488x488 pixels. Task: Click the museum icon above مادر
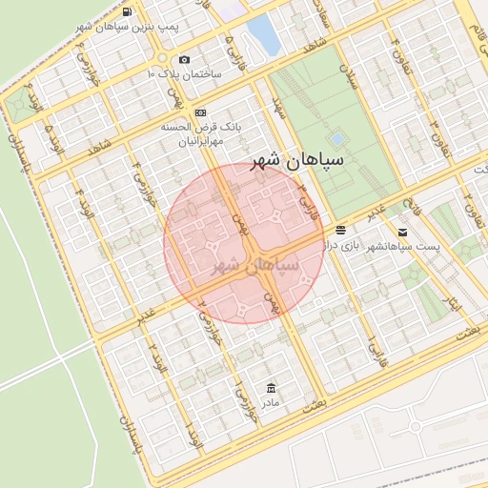point(272,387)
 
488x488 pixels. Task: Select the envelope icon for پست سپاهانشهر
point(402,233)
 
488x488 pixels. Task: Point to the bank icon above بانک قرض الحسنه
point(200,112)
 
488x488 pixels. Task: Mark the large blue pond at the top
point(262,34)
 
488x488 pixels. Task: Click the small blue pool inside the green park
point(336,138)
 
